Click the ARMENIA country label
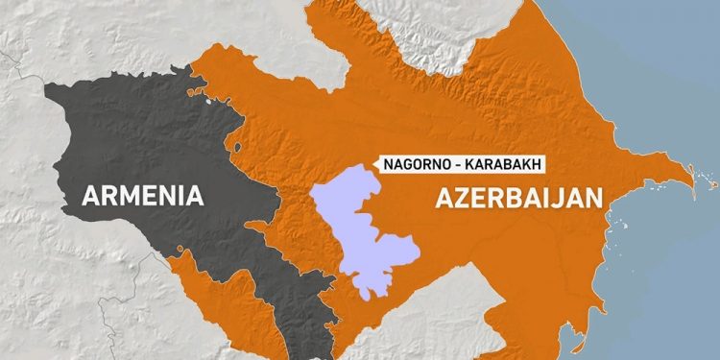[143, 197]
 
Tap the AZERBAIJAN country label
[519, 199]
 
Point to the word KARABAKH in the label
[503, 163]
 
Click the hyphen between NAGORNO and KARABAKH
[459, 163]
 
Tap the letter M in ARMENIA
[125, 197]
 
